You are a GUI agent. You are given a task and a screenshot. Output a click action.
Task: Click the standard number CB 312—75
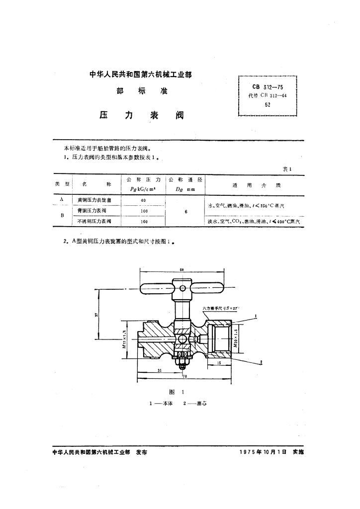tap(268, 86)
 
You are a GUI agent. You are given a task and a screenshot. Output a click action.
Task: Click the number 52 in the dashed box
tap(268, 105)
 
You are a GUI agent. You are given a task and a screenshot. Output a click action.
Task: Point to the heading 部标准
tap(142, 91)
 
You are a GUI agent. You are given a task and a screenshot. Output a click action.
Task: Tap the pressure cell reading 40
tap(143, 199)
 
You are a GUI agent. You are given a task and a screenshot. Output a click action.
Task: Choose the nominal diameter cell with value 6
tap(185, 211)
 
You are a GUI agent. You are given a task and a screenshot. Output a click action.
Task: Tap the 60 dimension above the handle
tap(181, 269)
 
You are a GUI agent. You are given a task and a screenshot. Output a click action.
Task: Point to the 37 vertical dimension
tap(96, 314)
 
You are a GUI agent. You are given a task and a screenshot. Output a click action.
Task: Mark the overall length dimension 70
tap(184, 376)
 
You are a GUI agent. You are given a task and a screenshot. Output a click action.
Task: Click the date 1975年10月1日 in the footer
tap(263, 453)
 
